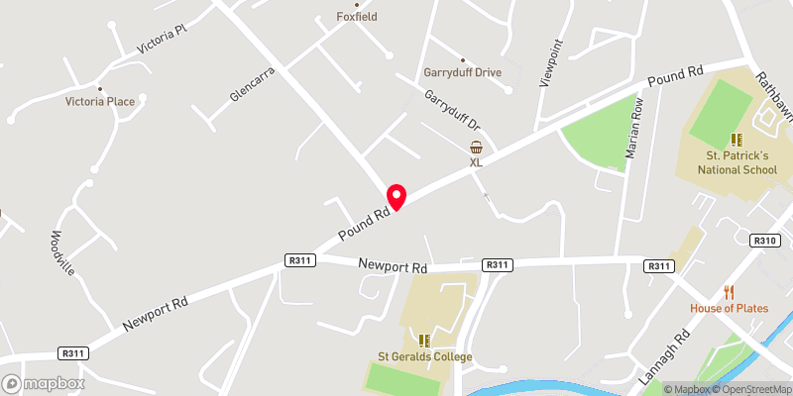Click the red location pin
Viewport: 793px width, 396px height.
[x=396, y=196]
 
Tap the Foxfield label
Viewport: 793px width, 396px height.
[x=356, y=17]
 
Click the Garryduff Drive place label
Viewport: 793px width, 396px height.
[x=463, y=72]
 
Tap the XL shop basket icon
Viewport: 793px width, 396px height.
[x=476, y=147]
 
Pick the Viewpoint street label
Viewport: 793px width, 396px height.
[x=550, y=64]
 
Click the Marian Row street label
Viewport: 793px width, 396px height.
[x=634, y=129]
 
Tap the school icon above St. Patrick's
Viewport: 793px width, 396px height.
[x=736, y=140]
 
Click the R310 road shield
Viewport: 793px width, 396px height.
[x=764, y=241]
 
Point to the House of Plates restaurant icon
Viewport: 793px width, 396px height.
[x=730, y=291]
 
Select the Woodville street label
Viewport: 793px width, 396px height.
[x=63, y=253]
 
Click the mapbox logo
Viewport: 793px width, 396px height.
[x=44, y=383]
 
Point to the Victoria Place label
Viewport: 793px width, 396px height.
[x=106, y=101]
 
